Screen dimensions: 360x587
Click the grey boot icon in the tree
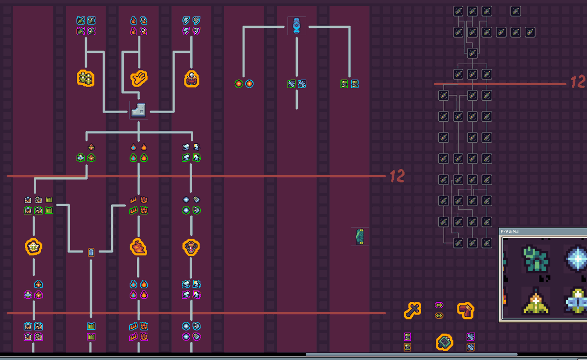pyautogui.click(x=138, y=110)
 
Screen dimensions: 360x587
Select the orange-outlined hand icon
pyautogui.click(x=139, y=78)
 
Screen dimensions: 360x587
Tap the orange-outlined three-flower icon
pyautogui.click(x=86, y=78)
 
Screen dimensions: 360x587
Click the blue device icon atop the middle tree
pyautogui.click(x=296, y=25)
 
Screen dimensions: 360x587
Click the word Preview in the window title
pyautogui.click(x=509, y=231)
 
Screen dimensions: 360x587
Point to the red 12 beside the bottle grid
pyautogui.click(x=578, y=82)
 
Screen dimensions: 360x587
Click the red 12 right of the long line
pyautogui.click(x=397, y=176)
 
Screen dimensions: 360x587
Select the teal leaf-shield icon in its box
pyautogui.click(x=360, y=236)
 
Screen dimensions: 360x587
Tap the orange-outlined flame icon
pyautogui.click(x=138, y=247)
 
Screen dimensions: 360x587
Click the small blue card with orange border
pyautogui.click(x=91, y=252)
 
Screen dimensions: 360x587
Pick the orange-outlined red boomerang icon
pyautogui.click(x=465, y=310)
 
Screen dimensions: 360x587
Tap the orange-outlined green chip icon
pyautogui.click(x=444, y=342)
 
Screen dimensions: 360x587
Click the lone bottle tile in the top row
pyautogui.click(x=515, y=11)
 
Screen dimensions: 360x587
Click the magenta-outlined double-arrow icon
pyautogui.click(x=439, y=305)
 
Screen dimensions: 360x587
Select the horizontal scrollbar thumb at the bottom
pyautogui.click(x=411, y=355)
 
